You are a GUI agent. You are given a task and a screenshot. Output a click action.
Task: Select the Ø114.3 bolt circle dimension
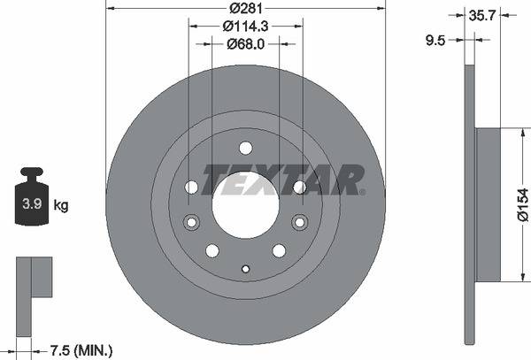pyautogui.click(x=245, y=27)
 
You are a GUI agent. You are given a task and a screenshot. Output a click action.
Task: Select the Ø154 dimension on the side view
pyautogui.click(x=522, y=210)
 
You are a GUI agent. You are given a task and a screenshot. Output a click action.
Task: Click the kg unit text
pyautogui.click(x=61, y=205)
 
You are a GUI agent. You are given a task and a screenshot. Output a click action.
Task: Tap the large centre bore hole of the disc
pyautogui.click(x=245, y=196)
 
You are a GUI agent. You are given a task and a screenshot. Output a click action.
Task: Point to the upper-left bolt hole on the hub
pyautogui.click(x=192, y=187)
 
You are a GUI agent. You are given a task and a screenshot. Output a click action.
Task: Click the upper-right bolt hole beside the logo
pyautogui.click(x=299, y=187)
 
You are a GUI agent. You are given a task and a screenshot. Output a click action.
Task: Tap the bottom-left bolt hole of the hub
pyautogui.click(x=213, y=250)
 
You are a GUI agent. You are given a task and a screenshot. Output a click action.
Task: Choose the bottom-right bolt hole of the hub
pyautogui.click(x=278, y=250)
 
